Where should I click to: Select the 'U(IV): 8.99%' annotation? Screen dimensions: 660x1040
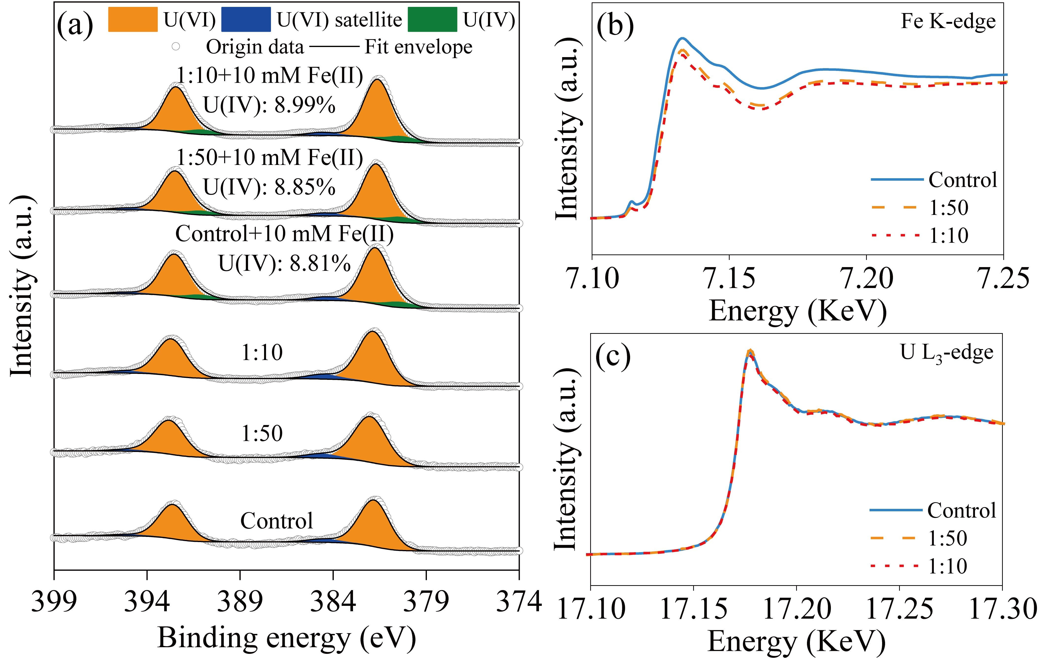(x=269, y=105)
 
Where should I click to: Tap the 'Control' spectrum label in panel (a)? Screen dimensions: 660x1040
(x=276, y=521)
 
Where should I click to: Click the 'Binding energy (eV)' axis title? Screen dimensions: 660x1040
(x=286, y=638)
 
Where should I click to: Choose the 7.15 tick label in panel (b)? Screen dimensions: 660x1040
(x=729, y=278)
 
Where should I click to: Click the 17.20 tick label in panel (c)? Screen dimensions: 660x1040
(x=797, y=609)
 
